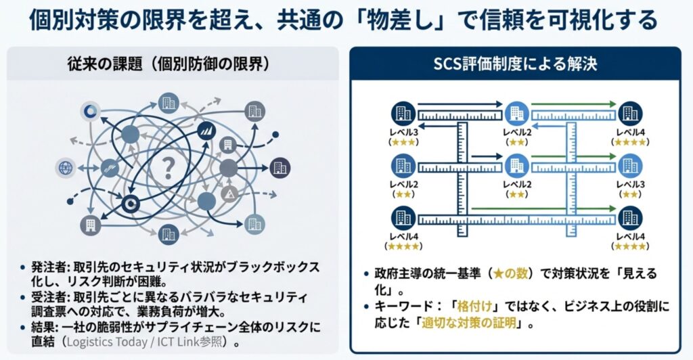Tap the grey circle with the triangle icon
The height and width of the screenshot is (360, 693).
[x=228, y=196]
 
